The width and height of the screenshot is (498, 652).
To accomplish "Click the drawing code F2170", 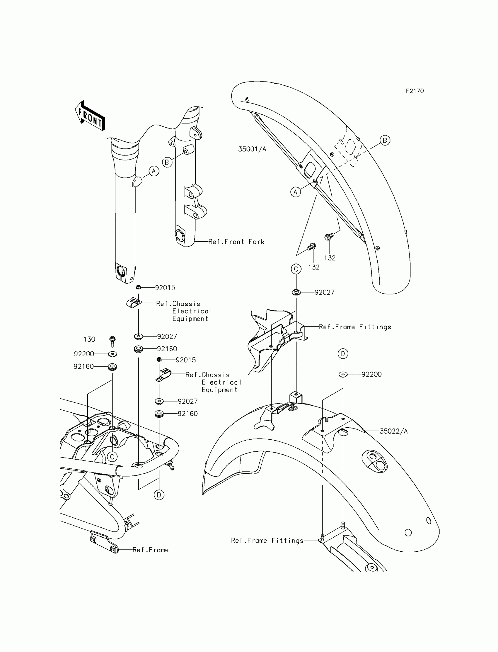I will tap(415, 91).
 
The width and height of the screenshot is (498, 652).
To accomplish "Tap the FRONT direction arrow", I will tap(90, 116).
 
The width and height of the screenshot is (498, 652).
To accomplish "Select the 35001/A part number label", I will tap(252, 149).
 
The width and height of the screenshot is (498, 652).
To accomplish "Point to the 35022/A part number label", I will tap(394, 431).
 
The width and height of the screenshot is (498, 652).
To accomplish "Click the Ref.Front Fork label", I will tap(236, 242).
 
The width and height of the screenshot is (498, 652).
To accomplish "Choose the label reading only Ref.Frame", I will tap(151, 550).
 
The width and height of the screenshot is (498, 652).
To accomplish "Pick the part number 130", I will tap(89, 339).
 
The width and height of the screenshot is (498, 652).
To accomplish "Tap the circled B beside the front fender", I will tap(385, 140).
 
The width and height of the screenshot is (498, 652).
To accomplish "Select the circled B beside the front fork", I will tap(167, 162).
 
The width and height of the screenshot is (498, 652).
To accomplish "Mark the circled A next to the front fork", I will tap(154, 171).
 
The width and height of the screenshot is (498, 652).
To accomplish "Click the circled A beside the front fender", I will tap(295, 192).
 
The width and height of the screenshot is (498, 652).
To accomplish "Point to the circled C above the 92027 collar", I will tap(296, 269).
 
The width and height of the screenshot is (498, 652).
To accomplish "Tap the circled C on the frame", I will tap(112, 457).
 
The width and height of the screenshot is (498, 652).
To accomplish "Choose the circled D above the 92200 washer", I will tap(343, 353).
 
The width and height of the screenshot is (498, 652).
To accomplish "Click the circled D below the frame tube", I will tap(159, 495).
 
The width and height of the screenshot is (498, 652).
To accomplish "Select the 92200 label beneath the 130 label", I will tap(84, 354).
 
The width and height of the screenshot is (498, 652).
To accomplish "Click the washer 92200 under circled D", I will tap(343, 374).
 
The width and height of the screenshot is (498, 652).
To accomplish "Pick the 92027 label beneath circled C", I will tap(324, 292).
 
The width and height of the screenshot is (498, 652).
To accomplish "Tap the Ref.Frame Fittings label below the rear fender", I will tap(267, 541).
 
